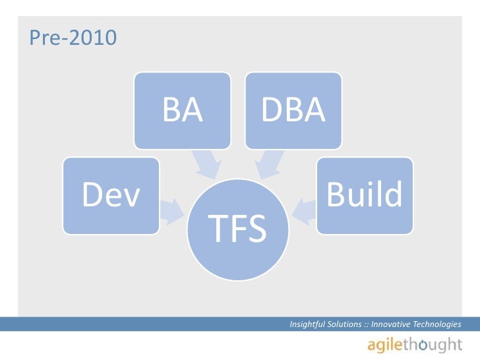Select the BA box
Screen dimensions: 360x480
(183, 110)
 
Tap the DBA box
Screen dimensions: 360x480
(293, 110)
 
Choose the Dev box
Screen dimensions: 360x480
(111, 195)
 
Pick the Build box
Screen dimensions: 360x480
(365, 195)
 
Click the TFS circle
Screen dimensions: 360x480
(237, 227)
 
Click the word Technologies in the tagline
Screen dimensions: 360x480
(438, 324)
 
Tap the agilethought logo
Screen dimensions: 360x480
(415, 345)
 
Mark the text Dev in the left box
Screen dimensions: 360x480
(111, 195)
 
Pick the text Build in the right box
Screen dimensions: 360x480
(365, 195)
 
